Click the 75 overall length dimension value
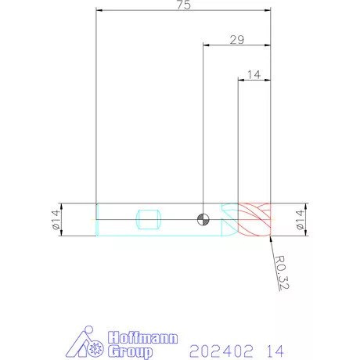(x=184, y=5)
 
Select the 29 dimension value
(x=237, y=40)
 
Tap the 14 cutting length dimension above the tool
(x=254, y=74)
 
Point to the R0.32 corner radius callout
(x=282, y=272)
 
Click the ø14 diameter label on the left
(x=56, y=220)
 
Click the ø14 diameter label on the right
(x=301, y=220)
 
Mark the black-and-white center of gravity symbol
(x=203, y=219)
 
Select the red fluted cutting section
(x=254, y=219)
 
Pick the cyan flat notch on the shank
(x=149, y=219)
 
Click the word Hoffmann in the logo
(x=143, y=338)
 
